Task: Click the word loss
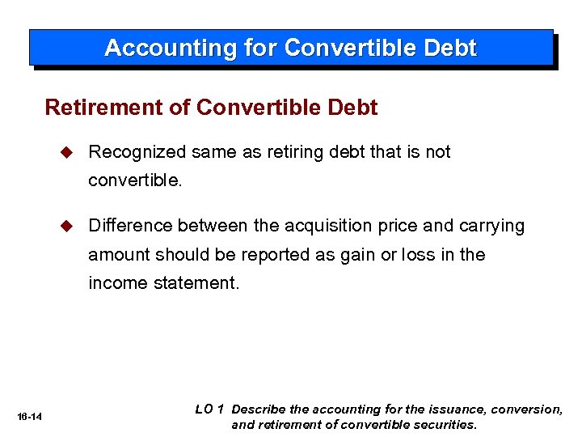[419, 255]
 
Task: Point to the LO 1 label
[209, 409]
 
